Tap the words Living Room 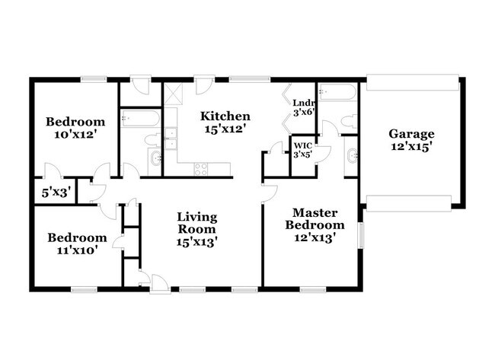(196, 222)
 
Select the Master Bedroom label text (315, 218)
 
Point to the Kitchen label (225, 116)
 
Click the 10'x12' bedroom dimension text (74, 135)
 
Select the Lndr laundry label (303, 103)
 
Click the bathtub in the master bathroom (337, 93)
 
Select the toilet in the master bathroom (347, 121)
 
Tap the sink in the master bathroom (352, 157)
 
